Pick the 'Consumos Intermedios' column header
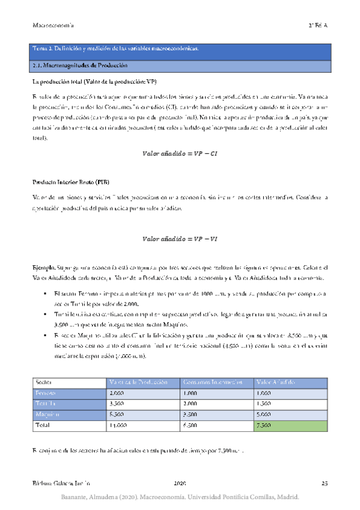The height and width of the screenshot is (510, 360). tap(212, 382)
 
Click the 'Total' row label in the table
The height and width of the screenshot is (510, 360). tap(43, 425)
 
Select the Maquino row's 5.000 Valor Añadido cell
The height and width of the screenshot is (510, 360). tap(266, 414)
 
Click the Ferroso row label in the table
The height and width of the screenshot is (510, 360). tap(46, 393)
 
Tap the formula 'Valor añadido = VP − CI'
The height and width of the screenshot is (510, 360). tap(178, 153)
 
